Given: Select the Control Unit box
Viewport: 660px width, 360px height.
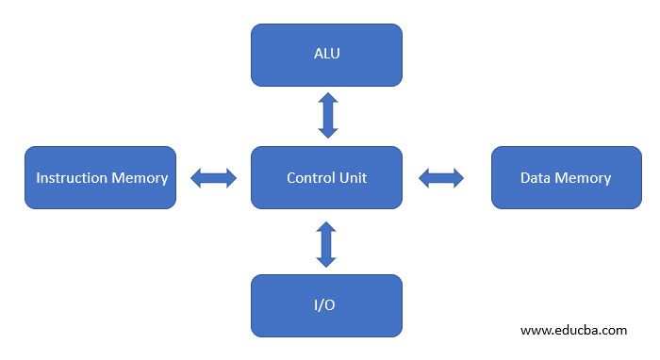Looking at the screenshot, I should [x=326, y=177].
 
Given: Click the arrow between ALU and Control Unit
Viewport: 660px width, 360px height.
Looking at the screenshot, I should [x=327, y=116].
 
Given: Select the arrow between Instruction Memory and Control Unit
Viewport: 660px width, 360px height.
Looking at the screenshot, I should [x=213, y=178].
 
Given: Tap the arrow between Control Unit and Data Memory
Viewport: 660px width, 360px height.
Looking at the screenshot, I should [x=441, y=177].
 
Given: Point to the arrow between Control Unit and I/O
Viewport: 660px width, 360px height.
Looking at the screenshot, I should [x=326, y=245].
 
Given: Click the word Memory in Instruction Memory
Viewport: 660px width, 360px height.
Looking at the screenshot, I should [x=139, y=178].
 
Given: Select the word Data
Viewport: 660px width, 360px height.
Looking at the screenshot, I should [x=536, y=178].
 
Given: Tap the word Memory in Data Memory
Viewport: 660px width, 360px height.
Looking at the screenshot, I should [x=583, y=178].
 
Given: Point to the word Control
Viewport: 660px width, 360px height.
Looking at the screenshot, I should [x=309, y=178].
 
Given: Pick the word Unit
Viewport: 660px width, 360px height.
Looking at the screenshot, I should [x=353, y=178].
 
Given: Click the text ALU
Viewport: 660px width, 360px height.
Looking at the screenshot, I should [x=326, y=54].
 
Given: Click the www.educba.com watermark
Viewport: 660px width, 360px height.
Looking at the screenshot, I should [x=573, y=331].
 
